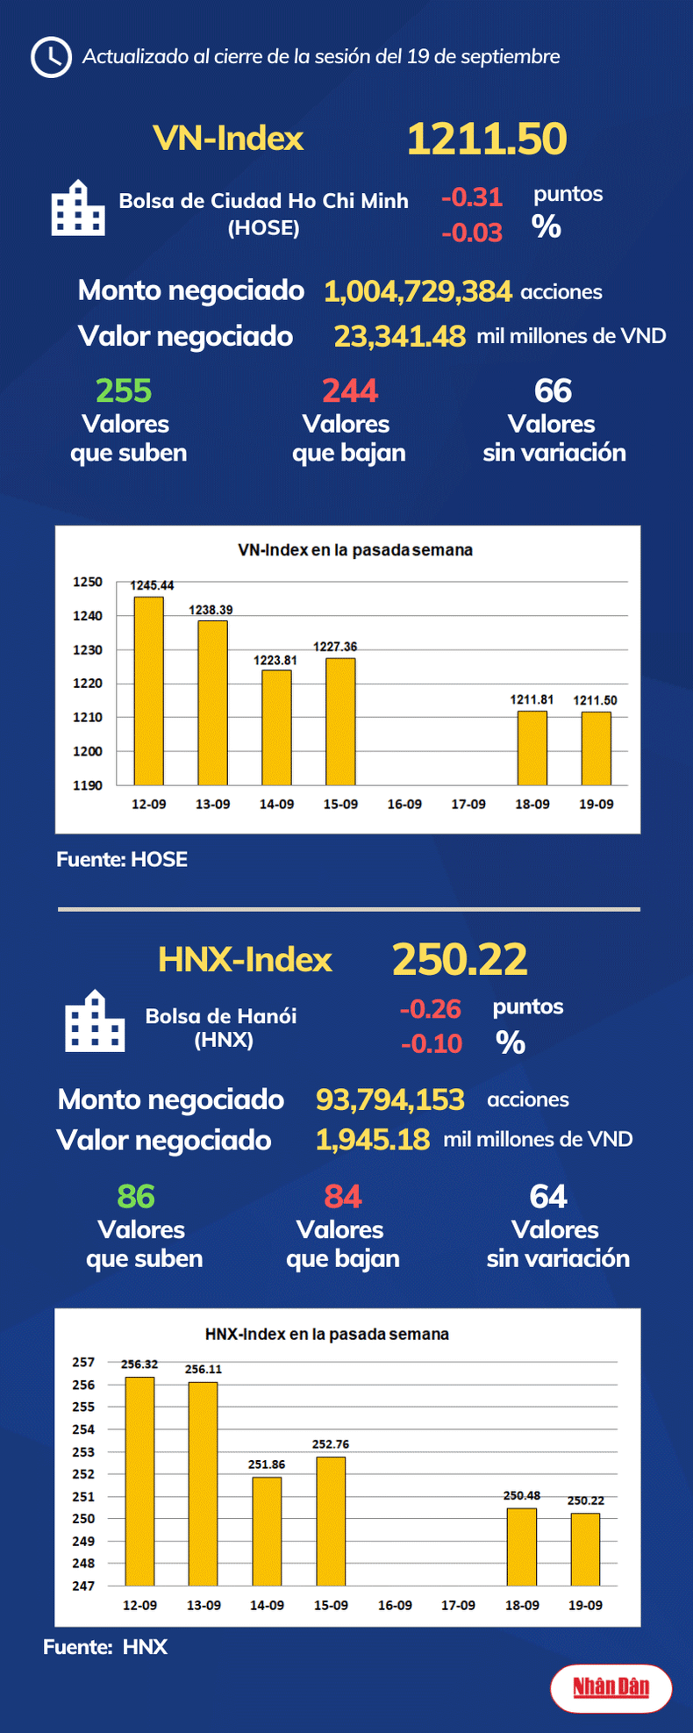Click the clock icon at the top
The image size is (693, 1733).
click(51, 57)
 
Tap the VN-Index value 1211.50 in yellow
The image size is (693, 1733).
click(487, 139)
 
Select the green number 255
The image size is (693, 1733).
click(124, 390)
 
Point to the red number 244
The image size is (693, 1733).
click(350, 390)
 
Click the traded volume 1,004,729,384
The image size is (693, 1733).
click(418, 291)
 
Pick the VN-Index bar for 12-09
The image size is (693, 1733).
click(148, 691)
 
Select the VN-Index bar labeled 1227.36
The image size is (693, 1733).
click(340, 721)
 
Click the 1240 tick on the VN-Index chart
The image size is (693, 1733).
click(88, 616)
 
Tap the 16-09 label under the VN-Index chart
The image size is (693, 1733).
click(404, 804)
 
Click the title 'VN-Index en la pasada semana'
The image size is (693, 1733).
click(355, 550)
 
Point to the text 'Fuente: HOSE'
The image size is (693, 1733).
click(122, 859)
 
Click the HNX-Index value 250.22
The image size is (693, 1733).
click(460, 959)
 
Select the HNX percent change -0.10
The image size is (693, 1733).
click(431, 1043)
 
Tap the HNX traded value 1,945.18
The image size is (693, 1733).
click(373, 1140)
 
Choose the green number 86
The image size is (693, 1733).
click(136, 1196)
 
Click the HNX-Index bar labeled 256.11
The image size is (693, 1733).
click(204, 1483)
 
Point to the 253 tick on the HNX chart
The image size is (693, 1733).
click(83, 1452)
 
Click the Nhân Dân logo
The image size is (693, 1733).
click(611, 1686)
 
